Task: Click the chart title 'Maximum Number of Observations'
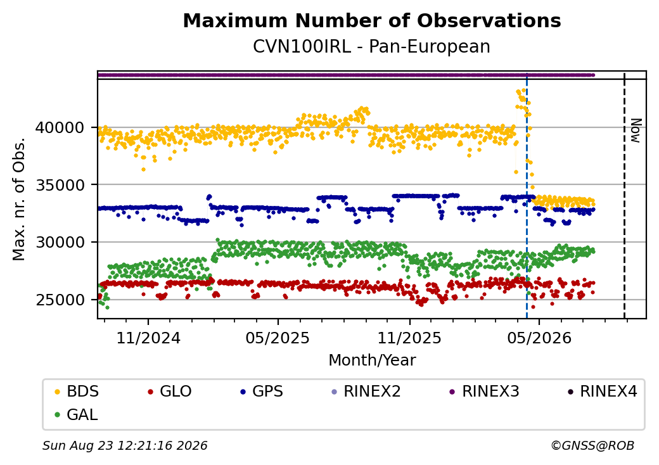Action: coord(372,20)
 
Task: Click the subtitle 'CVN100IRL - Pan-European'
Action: coord(371,47)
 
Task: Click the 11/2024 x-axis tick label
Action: coord(148,338)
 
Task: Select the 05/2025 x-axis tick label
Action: coord(278,338)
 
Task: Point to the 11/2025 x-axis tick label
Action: coord(410,338)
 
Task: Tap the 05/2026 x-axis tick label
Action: coord(540,338)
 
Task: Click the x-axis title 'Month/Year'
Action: coord(372,360)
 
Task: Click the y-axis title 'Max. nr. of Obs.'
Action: coord(19,199)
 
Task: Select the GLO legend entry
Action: coord(170,392)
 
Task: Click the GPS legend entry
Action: coord(262,392)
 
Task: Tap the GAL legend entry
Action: coord(77,414)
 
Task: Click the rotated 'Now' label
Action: coord(636,131)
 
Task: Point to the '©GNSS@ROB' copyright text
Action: coord(592,445)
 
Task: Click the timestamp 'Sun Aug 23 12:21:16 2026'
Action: coord(125,445)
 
